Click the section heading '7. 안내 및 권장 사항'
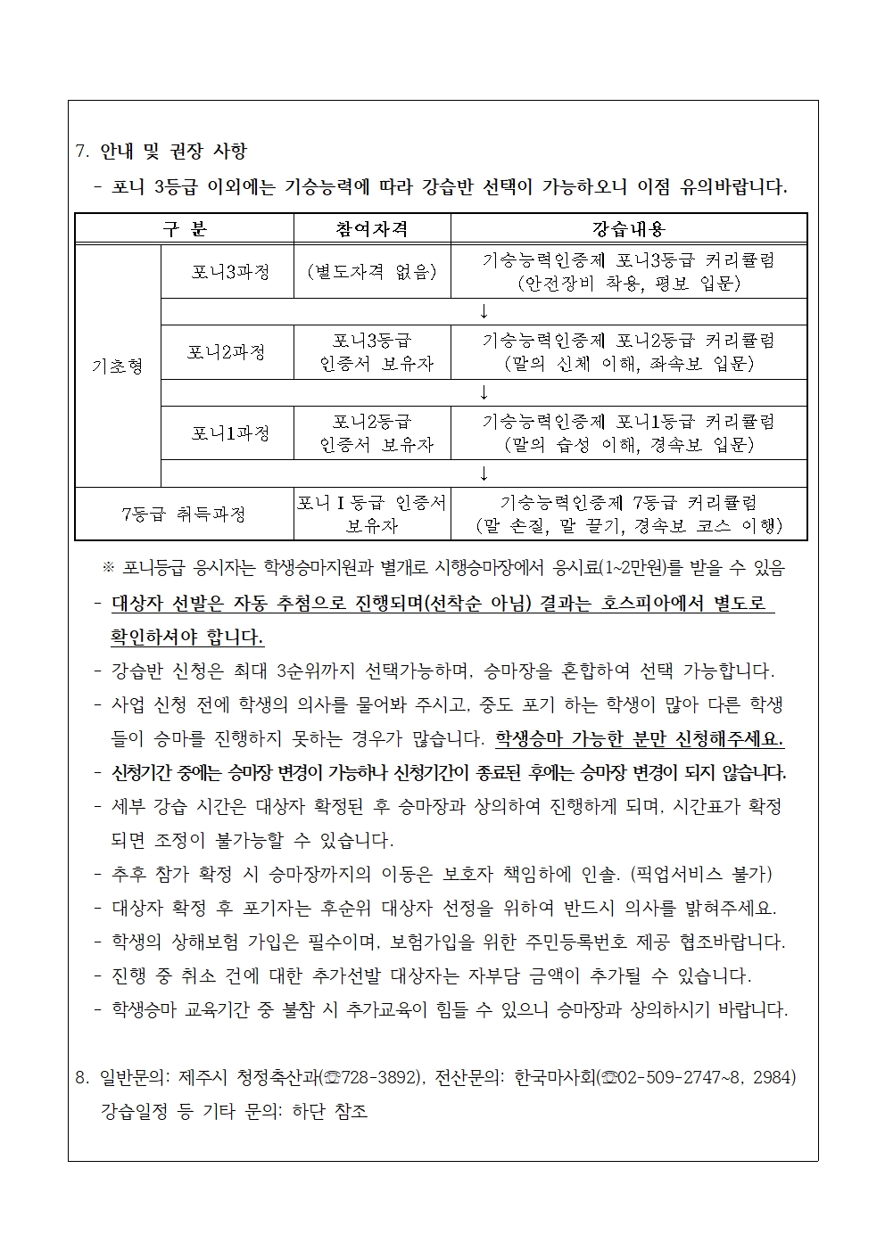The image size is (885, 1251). point(161,152)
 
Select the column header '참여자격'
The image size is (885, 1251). point(372,229)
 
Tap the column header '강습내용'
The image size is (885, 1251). point(629,229)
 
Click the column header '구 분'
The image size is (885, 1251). point(185,229)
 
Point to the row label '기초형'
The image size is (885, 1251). point(118,366)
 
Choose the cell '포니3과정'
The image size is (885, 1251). point(230,272)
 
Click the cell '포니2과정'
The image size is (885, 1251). point(227,352)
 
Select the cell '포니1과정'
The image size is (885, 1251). point(230,433)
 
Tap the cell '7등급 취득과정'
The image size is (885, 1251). point(183,514)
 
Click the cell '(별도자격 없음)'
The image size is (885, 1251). point(371,272)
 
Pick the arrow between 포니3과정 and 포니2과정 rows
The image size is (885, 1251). point(484,311)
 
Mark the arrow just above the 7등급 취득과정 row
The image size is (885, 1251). point(484,473)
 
